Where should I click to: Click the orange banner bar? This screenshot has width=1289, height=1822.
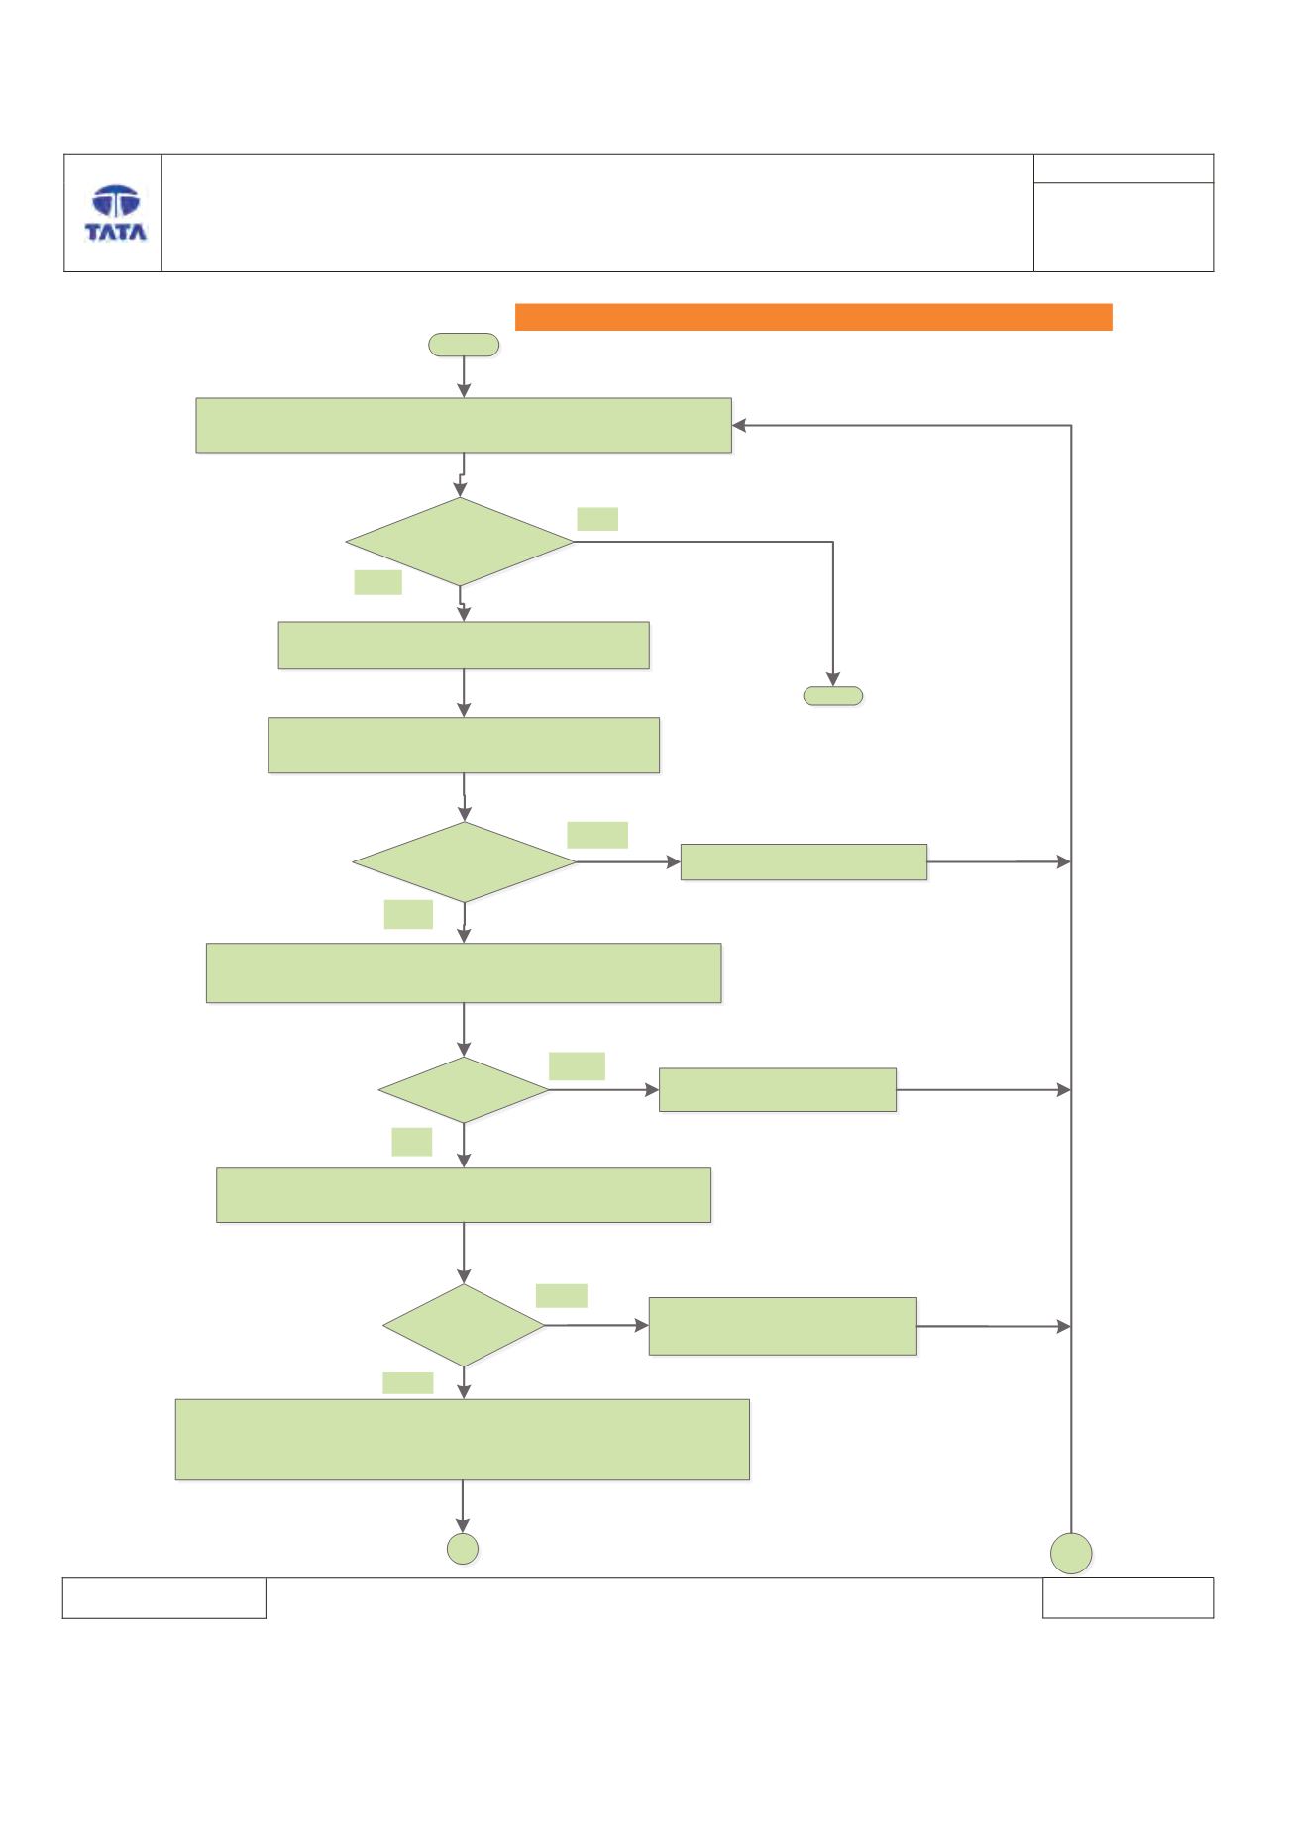[x=813, y=317]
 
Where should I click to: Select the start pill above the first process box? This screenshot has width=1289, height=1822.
[x=463, y=345]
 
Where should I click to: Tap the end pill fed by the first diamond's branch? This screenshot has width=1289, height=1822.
[x=832, y=696]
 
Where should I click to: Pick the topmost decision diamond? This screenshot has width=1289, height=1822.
[x=460, y=542]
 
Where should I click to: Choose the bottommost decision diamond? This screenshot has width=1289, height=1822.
[x=464, y=1325]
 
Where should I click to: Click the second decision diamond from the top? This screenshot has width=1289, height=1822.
[x=464, y=862]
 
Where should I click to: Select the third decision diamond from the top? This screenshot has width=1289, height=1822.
[x=464, y=1089]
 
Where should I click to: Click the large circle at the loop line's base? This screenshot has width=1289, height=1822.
[x=1071, y=1553]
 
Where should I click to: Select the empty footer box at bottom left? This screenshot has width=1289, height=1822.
[x=164, y=1597]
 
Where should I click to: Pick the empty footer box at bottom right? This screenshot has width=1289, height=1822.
[x=1128, y=1597]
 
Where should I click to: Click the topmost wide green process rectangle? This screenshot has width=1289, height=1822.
[x=464, y=426]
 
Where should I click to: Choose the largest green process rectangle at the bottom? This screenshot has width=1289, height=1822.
[x=462, y=1440]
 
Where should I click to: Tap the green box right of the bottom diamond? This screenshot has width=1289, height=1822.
[x=783, y=1326]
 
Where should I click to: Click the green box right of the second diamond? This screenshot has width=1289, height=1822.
[x=804, y=861]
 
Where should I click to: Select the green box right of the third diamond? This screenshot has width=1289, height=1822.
[x=778, y=1089]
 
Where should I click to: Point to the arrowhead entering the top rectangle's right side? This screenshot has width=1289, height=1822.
[x=739, y=426]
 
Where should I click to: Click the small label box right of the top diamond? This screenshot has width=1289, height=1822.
[x=597, y=519]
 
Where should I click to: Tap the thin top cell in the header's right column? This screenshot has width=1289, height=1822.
[x=1124, y=168]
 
